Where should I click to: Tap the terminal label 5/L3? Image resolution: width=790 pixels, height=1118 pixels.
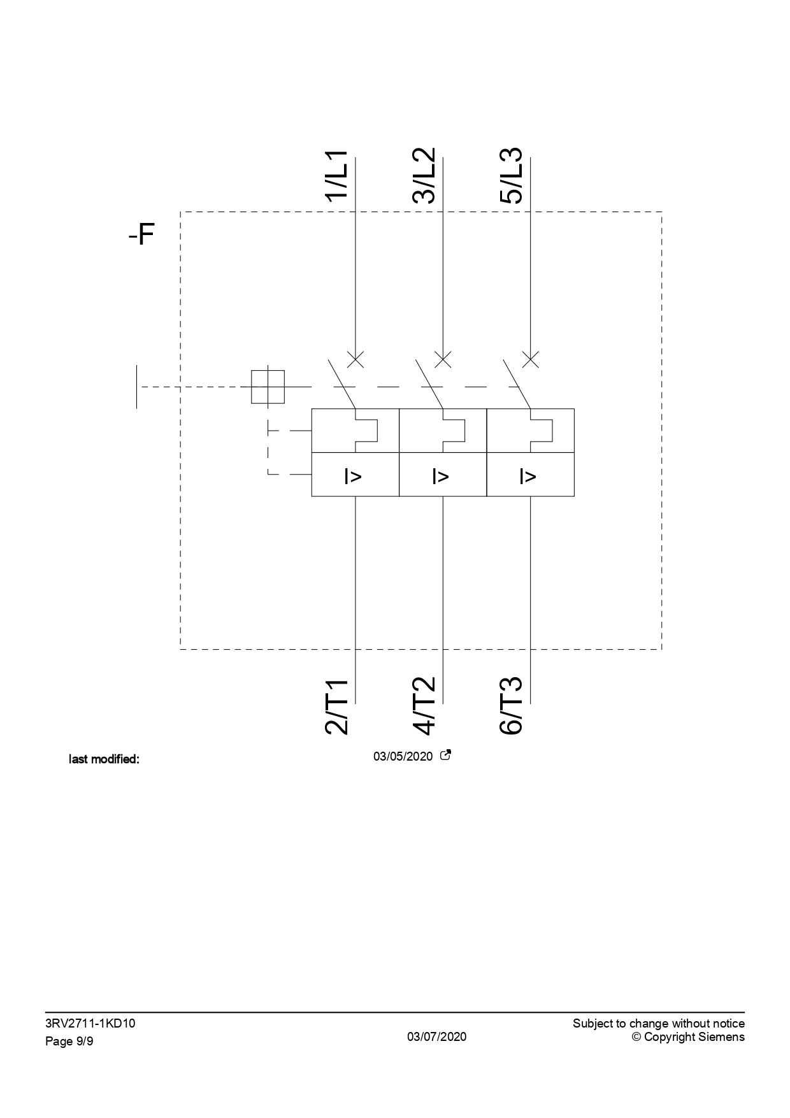pos(512,176)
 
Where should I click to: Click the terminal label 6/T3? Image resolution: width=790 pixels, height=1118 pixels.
pos(512,706)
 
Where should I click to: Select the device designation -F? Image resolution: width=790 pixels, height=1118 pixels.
pos(141,235)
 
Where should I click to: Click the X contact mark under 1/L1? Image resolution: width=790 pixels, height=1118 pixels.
pos(355,359)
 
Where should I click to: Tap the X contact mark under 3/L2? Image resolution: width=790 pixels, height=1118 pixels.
pos(443,359)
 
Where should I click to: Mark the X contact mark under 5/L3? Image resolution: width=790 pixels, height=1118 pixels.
pos(530,359)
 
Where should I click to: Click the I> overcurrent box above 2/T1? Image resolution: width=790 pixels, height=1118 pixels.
pos(355,475)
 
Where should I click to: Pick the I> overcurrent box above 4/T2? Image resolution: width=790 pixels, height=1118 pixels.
pos(443,475)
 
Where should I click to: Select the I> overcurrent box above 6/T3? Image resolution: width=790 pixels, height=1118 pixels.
pos(530,475)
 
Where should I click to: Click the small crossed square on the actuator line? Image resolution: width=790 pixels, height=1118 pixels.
pos(268,387)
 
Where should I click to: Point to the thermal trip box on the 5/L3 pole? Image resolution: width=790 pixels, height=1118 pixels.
pos(530,431)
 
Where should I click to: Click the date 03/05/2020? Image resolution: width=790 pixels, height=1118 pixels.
pos(403,757)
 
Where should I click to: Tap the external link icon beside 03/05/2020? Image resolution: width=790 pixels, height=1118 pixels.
pos(446,756)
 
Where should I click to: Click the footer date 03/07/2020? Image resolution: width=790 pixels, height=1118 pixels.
pos(437,1036)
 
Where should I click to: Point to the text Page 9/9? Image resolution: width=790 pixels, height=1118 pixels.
pos(69,1042)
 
